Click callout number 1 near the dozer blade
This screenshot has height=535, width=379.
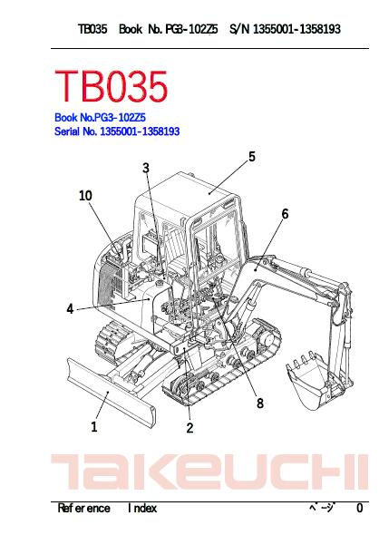[94, 427]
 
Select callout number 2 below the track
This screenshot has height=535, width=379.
[190, 428]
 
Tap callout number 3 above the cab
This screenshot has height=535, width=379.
[146, 168]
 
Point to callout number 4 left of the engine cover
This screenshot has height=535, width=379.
[70, 309]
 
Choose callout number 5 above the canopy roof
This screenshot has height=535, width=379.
[252, 157]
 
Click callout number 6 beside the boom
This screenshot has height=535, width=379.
[285, 214]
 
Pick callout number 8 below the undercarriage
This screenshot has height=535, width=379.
[260, 404]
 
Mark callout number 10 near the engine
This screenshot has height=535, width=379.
[85, 196]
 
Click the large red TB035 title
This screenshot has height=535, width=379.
[112, 86]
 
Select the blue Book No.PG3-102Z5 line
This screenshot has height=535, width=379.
[100, 118]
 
